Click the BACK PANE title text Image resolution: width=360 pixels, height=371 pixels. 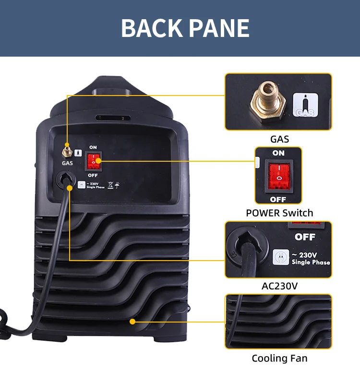tap(185, 28)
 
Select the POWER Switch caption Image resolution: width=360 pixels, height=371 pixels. tap(279, 213)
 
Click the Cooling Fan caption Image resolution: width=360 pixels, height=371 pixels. tap(279, 358)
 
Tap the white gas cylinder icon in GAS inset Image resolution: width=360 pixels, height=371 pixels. tap(305, 105)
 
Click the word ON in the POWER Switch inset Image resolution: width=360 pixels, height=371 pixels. tap(278, 153)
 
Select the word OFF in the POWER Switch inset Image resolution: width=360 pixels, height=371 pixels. tap(278, 199)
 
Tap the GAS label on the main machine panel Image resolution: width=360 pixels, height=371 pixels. tap(67, 163)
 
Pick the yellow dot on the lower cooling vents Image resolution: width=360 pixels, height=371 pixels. tap(132, 321)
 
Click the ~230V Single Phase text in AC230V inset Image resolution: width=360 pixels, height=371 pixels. tap(311, 258)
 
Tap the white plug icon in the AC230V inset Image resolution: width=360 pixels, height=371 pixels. tap(280, 256)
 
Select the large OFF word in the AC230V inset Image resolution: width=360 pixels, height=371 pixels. tap(305, 237)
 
